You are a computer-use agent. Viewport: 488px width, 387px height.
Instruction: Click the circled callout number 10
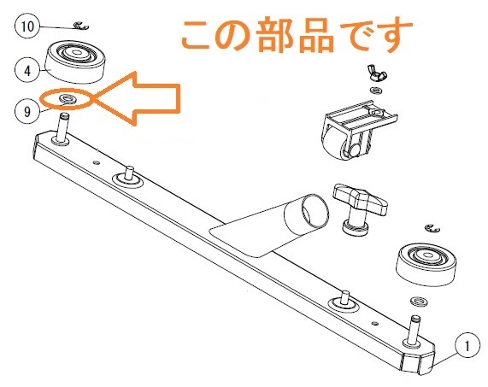[x=27, y=26]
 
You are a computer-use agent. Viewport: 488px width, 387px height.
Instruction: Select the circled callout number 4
[x=27, y=70]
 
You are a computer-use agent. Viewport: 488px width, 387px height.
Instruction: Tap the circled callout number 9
[x=27, y=111]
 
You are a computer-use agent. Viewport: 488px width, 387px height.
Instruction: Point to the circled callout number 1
[x=467, y=346]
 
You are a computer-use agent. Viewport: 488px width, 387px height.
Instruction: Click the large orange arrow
[x=137, y=98]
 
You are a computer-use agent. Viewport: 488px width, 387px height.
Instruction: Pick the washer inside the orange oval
[x=67, y=98]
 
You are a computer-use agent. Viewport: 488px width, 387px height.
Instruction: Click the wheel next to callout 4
[x=75, y=63]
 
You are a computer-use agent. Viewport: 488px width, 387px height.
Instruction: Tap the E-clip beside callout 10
[x=81, y=26]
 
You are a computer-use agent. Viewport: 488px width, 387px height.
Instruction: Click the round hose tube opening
[x=315, y=209]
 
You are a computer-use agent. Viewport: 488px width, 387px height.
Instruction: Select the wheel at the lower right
[x=426, y=265]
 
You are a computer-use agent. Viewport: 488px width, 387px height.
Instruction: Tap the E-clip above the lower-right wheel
[x=432, y=228]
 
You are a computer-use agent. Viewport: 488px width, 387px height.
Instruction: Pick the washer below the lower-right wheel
[x=418, y=301]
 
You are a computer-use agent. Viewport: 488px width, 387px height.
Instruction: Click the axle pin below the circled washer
[x=63, y=128]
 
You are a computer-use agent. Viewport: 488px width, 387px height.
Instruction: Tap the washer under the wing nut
[x=377, y=91]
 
